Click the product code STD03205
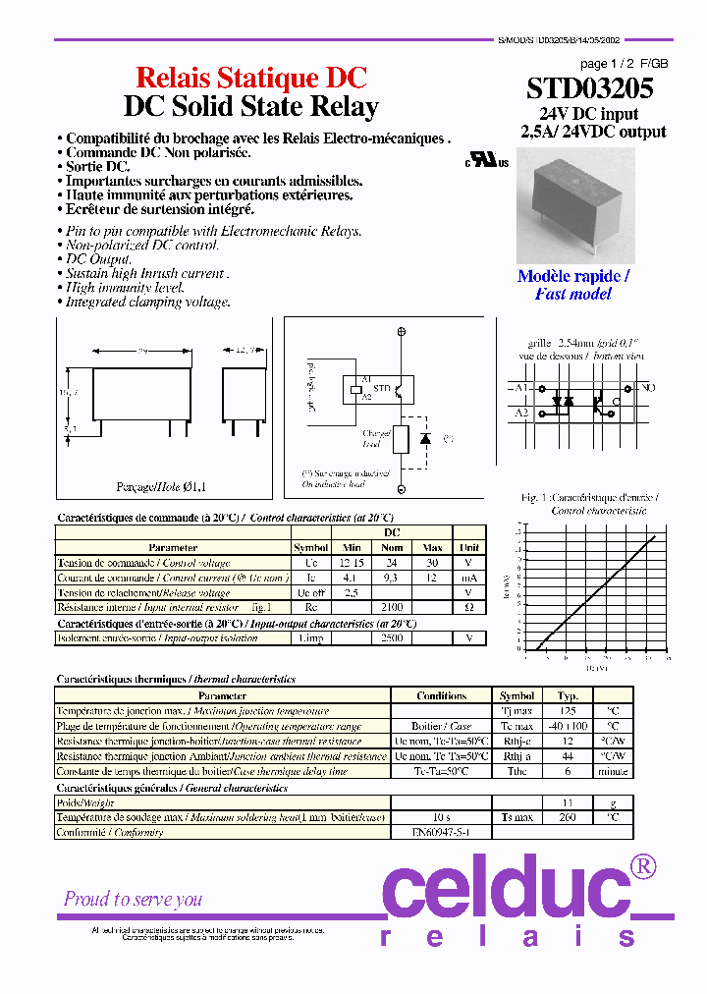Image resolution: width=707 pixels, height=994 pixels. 589,89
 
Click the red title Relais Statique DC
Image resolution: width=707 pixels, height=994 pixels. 250,78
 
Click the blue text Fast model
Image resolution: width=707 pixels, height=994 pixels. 572,294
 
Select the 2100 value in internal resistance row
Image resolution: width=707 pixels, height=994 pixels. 392,608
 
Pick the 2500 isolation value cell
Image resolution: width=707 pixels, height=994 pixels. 392,637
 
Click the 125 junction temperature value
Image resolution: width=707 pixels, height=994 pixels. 568,710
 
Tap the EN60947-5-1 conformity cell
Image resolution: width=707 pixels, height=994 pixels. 440,832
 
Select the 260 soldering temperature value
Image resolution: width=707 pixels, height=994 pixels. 568,817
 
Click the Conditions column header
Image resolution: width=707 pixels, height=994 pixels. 441,695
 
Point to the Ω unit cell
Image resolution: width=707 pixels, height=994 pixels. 469,608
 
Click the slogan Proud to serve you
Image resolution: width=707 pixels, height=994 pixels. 133,899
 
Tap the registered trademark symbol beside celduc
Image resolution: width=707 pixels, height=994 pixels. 641,865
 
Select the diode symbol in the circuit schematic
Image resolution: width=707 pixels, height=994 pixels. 425,438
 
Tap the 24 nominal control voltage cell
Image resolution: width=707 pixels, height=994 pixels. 392,563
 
